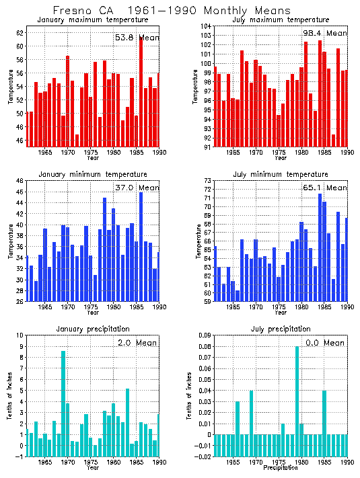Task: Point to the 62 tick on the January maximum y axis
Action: (20, 33)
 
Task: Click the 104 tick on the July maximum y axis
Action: (205, 26)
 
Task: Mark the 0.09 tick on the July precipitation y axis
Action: (203, 335)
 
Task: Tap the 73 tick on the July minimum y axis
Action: (206, 181)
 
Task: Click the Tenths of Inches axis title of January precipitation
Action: (9, 397)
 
